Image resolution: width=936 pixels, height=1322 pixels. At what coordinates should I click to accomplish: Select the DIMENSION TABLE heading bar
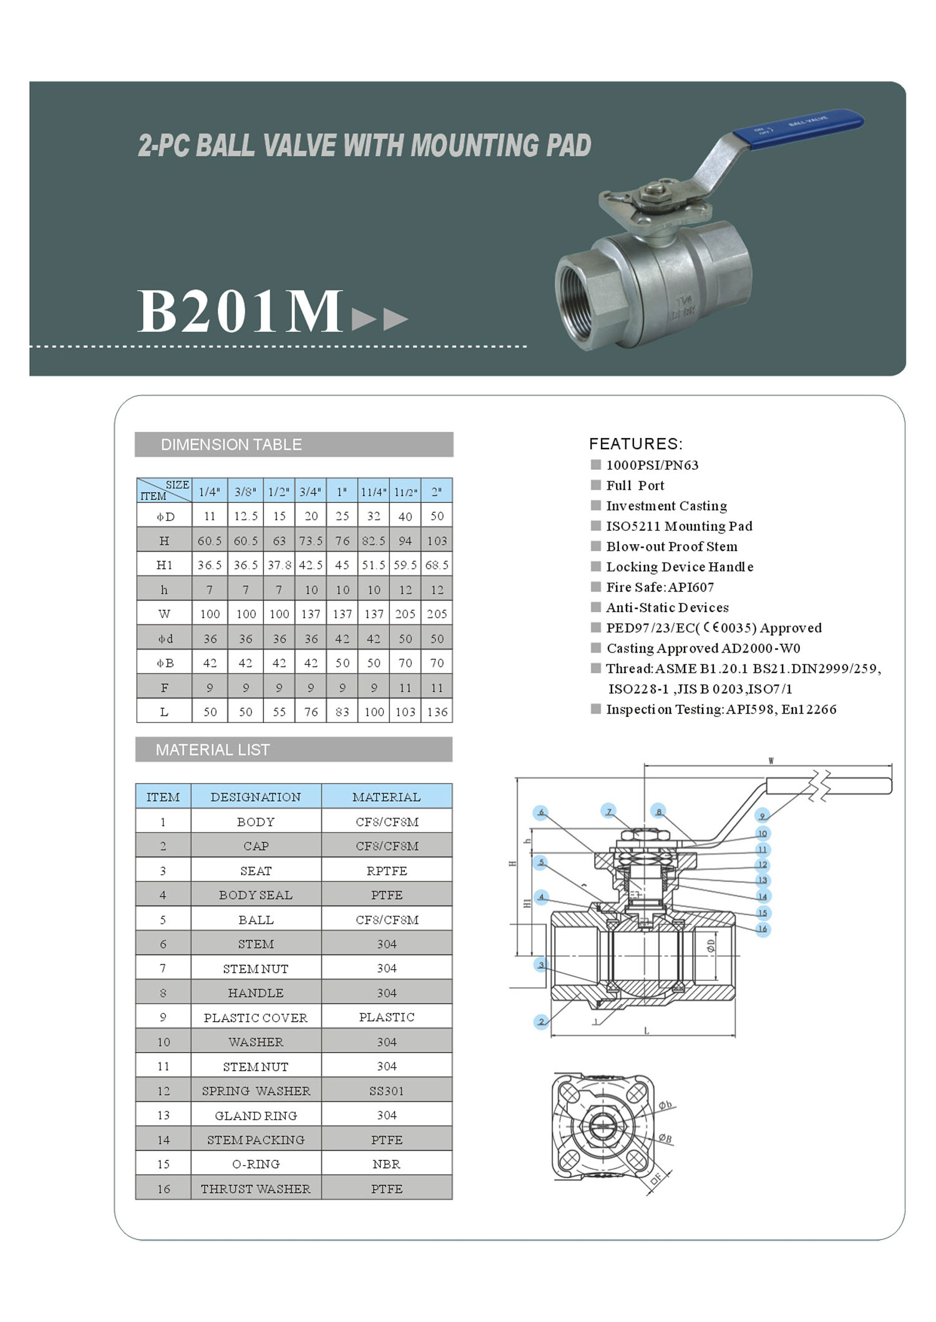point(294,444)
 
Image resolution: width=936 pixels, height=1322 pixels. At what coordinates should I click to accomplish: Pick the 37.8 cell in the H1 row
point(279,565)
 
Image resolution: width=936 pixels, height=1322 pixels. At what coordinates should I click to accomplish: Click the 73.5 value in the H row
point(311,540)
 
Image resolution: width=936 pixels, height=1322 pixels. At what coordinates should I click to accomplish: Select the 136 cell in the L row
point(437,711)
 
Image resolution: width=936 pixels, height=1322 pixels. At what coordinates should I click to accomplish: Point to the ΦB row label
point(164,663)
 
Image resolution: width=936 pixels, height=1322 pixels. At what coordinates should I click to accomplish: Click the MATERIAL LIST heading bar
point(294,749)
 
